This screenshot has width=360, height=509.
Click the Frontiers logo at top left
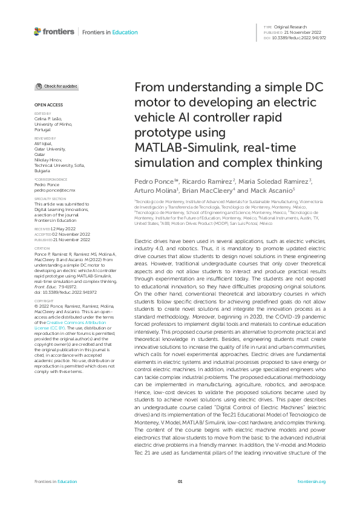tap(54, 31)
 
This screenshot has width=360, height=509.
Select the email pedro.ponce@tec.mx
tap(54, 190)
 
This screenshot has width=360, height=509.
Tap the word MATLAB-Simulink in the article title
tap(183, 148)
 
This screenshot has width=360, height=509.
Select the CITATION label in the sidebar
tap(42, 248)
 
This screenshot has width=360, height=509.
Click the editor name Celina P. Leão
tap(48, 122)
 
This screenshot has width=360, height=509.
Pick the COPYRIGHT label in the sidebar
tap(44, 300)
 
